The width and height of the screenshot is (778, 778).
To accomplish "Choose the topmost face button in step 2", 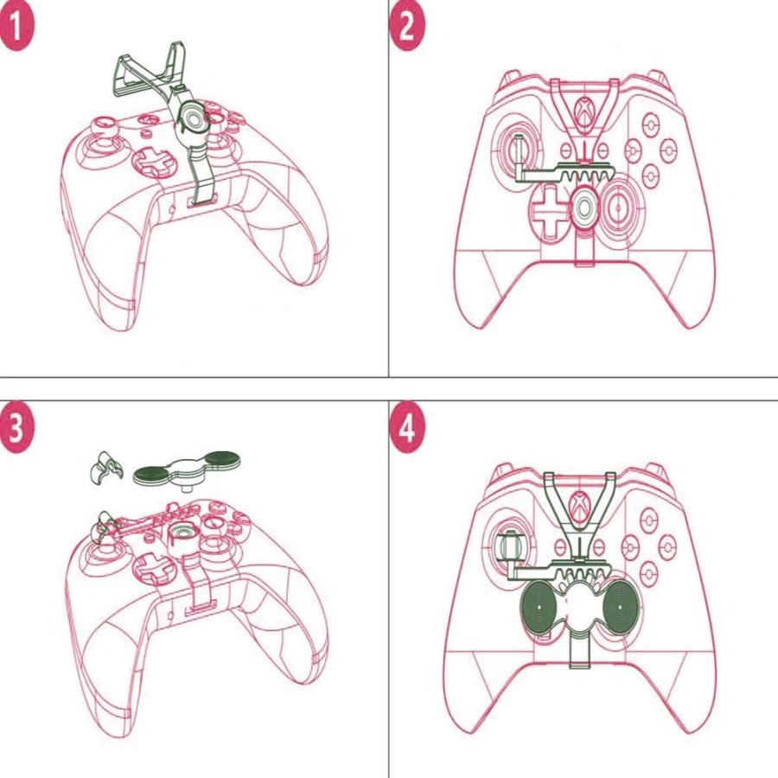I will coord(653,121).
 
